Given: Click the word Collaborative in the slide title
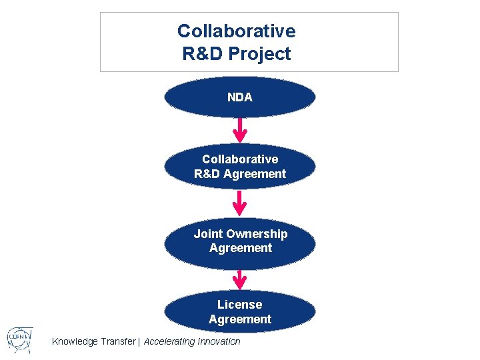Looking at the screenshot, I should (236, 31).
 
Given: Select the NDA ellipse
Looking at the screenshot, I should (240, 97).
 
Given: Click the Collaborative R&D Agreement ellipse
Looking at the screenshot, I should (240, 167).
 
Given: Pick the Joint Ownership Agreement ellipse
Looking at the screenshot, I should (240, 241).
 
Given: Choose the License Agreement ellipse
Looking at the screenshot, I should (240, 311).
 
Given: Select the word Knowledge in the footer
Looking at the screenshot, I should (75, 342).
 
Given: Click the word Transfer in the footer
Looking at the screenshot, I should (117, 342).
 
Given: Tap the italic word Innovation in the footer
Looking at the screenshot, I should (218, 342).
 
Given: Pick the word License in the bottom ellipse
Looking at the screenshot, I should (240, 305).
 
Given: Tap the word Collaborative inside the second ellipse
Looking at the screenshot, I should (240, 159).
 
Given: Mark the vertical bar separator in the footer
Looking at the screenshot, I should (139, 342).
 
